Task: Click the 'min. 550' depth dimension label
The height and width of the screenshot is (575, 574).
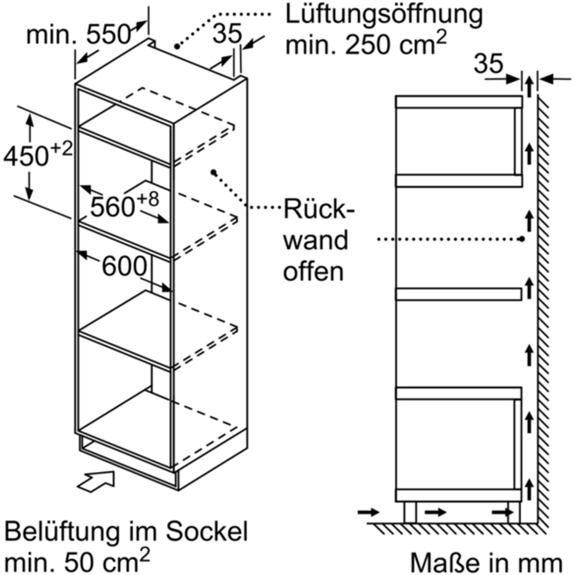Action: pos(78,35)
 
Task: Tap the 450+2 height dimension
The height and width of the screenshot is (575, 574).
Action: pos(38,155)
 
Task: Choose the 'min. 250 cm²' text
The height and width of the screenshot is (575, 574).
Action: pos(366,44)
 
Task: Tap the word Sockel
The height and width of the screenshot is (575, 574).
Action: pos(207,532)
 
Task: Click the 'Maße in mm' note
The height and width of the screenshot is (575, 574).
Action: pos(486,562)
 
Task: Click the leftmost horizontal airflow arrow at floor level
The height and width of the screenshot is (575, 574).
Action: pos(369,512)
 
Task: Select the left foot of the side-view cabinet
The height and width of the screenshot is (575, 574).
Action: pos(410,512)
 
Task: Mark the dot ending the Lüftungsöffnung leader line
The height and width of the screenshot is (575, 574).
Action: pos(177,46)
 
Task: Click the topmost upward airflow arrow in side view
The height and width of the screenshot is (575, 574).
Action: pos(529,86)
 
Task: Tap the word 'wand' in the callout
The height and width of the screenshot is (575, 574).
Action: pos(316,240)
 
